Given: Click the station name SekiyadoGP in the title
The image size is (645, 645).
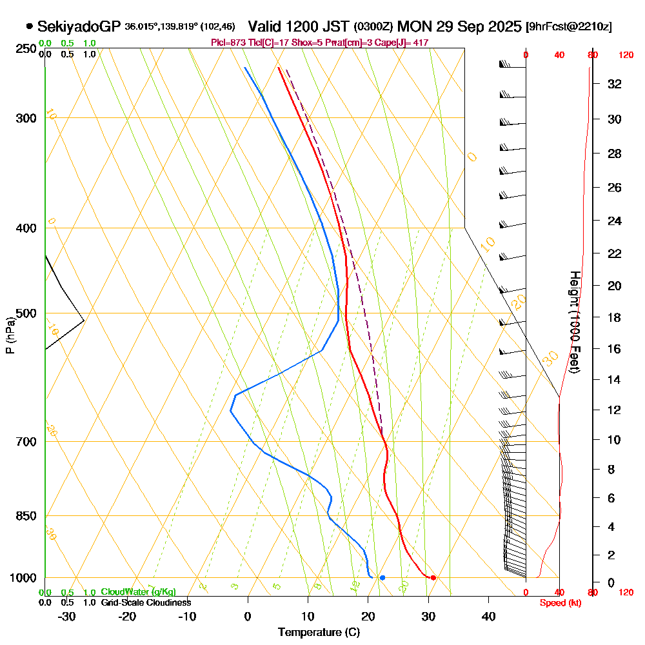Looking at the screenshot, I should click(79, 26).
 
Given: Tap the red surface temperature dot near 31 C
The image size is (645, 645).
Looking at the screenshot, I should click(433, 577).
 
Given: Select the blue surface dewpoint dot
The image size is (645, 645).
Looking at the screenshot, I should click(382, 577).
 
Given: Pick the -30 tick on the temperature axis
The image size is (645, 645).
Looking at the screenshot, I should click(65, 616).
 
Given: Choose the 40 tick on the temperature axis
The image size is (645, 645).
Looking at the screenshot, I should click(488, 616).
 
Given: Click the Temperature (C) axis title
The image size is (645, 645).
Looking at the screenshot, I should click(319, 633).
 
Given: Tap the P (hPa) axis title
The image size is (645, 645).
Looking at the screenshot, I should click(10, 335).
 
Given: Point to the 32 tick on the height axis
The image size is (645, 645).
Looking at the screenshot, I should click(615, 84).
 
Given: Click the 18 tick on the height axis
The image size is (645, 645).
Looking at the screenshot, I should click(615, 317).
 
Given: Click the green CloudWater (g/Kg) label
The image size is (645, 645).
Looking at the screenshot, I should click(138, 592).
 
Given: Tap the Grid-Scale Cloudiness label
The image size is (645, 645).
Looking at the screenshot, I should click(146, 602).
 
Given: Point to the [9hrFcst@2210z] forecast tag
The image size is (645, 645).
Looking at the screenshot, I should click(569, 26).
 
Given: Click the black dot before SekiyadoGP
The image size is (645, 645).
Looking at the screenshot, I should click(30, 26).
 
